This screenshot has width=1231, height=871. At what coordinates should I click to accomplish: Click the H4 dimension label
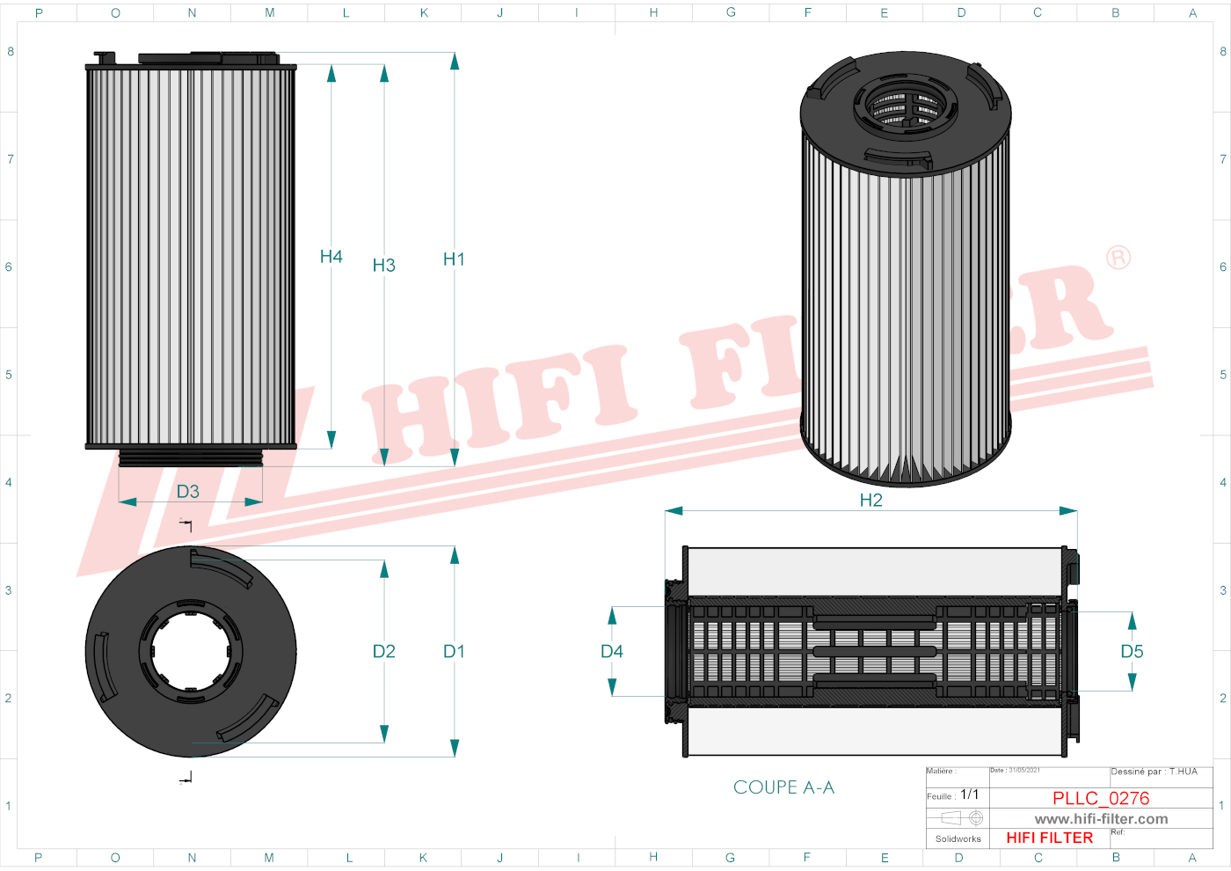pos(331,257)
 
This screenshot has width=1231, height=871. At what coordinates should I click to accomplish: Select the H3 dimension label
pos(383,266)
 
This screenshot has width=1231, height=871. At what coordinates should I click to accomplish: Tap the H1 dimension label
pos(454,260)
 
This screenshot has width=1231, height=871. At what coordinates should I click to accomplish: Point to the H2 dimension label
pos(870,501)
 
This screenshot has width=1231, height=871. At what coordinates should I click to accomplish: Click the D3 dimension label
pos(188,492)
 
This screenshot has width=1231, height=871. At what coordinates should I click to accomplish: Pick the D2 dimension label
pos(383,652)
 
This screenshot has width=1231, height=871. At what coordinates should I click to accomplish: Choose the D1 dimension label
pos(454,652)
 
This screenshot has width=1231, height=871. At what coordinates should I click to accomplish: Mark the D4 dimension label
pos(611,652)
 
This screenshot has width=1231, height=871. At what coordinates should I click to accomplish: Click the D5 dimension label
pos(1132,652)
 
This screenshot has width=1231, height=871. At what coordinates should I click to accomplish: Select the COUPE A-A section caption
pos(783,787)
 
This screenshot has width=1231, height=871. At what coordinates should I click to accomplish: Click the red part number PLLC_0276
pos(1101,798)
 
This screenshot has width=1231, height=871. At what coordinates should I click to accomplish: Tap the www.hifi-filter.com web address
pos(1101,819)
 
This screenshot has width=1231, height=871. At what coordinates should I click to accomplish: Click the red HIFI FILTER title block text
pos(1049,838)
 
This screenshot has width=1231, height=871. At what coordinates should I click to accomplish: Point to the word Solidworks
pos(958,839)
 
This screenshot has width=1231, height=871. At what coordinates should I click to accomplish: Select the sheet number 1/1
pos(969,794)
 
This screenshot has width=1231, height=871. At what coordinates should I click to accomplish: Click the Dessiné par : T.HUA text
pos(1154,772)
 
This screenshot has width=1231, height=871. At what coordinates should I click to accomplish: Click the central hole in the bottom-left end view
pos(190,651)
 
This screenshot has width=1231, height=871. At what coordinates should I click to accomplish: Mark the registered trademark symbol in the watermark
pos(1118,258)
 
